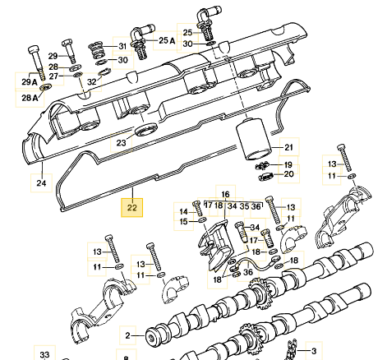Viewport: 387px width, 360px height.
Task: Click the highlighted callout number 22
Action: [131, 208]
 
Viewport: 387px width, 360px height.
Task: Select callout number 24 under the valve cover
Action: [41, 182]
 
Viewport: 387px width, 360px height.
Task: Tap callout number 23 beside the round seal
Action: [121, 143]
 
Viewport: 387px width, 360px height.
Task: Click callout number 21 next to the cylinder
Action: [288, 147]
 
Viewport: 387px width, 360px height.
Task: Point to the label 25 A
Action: [167, 40]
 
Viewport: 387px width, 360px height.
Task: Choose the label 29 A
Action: [30, 81]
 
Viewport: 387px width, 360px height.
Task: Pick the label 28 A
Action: [30, 98]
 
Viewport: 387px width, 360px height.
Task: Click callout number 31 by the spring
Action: [122, 46]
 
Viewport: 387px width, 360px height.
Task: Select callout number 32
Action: [92, 81]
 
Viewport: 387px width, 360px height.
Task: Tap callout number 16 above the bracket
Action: [225, 194]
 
